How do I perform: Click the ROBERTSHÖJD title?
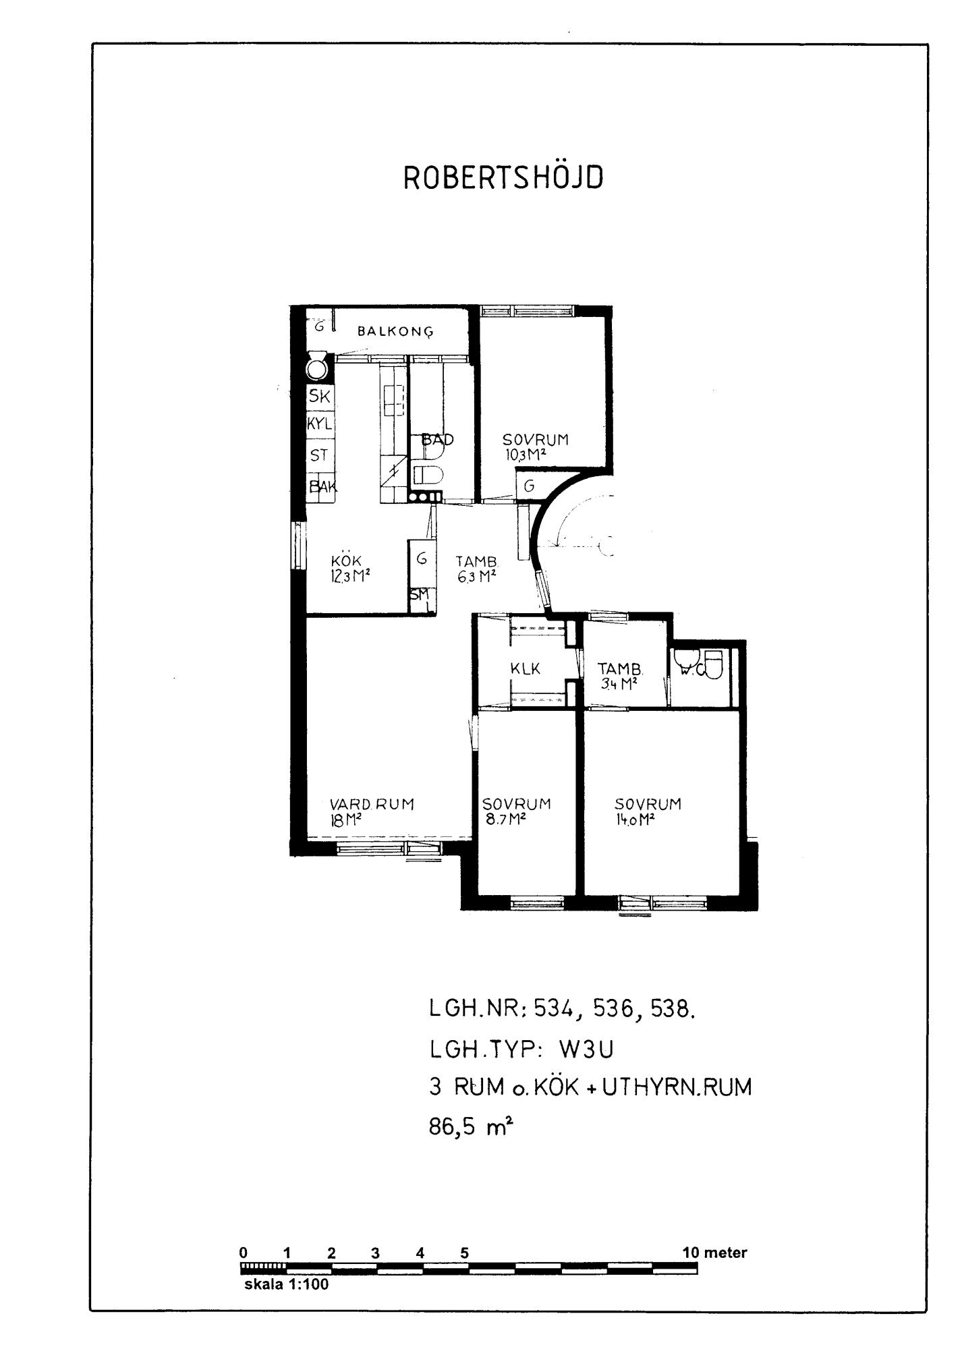(503, 177)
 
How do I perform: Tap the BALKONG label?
(395, 331)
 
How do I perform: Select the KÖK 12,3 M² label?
(351, 569)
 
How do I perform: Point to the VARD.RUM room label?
(372, 811)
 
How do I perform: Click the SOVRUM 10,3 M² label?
(536, 447)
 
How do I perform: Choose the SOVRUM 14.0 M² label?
(648, 811)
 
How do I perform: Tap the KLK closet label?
(526, 669)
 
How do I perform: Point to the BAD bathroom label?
(437, 440)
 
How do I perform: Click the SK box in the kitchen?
(320, 397)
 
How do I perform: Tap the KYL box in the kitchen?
(320, 425)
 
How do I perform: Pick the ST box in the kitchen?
(320, 455)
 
